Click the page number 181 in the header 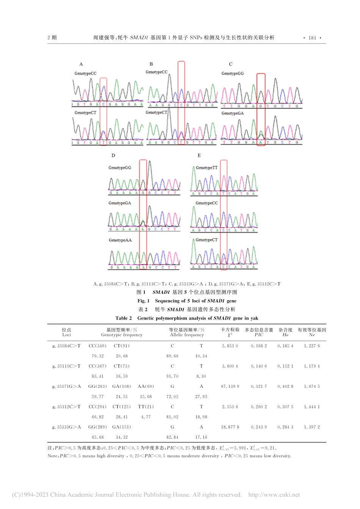pyautogui.click(x=312, y=37)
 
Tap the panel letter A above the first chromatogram pyautogui.click(x=81, y=64)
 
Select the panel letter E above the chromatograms pyautogui.click(x=199, y=155)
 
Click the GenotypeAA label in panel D pyautogui.click(x=120, y=240)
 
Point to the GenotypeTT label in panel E pyautogui.click(x=207, y=168)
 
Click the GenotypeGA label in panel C pyautogui.click(x=232, y=113)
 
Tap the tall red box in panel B pyautogui.click(x=181, y=103)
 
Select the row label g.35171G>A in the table pyautogui.click(x=67, y=386)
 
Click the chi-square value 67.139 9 pyautogui.click(x=230, y=386)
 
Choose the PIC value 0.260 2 pyautogui.click(x=259, y=407)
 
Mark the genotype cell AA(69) pyautogui.click(x=146, y=386)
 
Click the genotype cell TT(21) pyautogui.click(x=146, y=407)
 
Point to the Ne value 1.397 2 pyautogui.click(x=312, y=427)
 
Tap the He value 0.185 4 pyautogui.click(x=285, y=346)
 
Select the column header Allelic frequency pyautogui.click(x=187, y=335)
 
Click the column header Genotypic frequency pyautogui.click(x=122, y=335)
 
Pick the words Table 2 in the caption pyautogui.click(x=124, y=318)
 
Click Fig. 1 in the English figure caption pyautogui.click(x=143, y=301)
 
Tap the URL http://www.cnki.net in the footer pyautogui.click(x=274, y=495)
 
